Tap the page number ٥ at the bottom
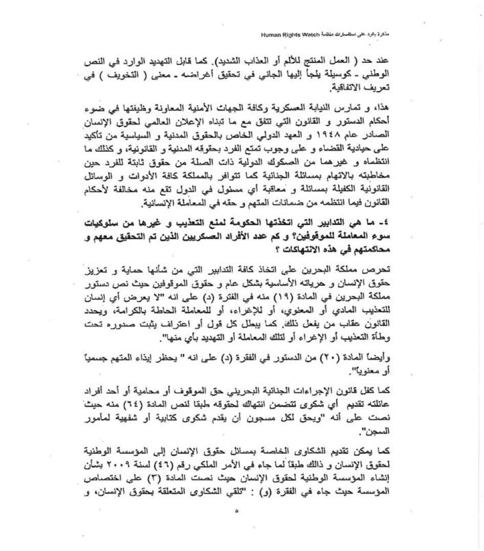coord(236,511)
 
